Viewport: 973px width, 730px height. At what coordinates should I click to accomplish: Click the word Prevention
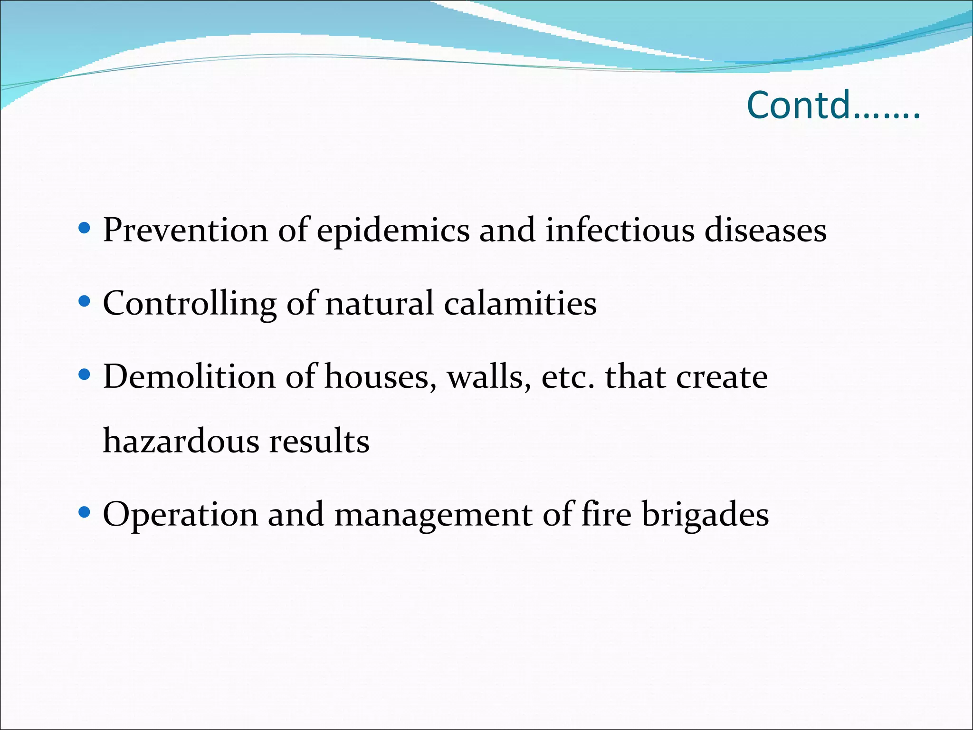tap(185, 231)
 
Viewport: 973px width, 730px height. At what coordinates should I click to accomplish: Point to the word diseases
tap(765, 231)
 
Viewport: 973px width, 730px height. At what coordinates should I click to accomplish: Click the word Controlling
tap(190, 304)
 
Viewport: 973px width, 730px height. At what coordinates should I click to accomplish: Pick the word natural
tap(379, 304)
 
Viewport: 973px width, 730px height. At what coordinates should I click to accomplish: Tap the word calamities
tap(520, 304)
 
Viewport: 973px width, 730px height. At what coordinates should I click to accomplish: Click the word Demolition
tap(189, 377)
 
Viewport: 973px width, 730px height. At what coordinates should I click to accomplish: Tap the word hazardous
tap(181, 441)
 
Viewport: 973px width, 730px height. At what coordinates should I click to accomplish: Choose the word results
tap(319, 441)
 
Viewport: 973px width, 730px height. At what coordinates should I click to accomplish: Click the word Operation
tap(180, 515)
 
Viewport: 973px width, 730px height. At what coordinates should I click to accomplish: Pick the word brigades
tap(705, 515)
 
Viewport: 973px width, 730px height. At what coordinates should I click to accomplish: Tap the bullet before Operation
tap(84, 512)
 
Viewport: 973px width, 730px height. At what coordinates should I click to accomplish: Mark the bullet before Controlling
tap(84, 301)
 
